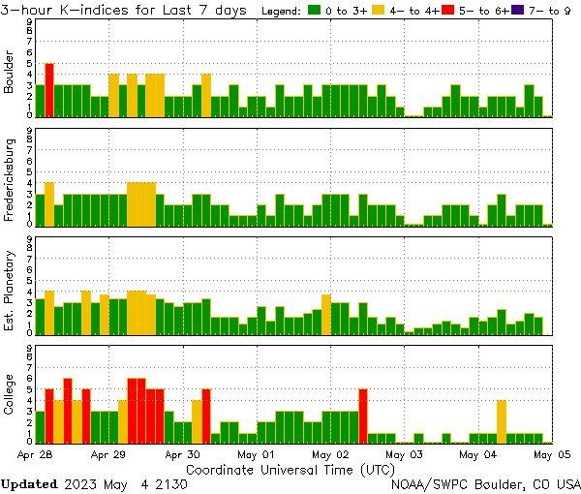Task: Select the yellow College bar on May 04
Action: (x=502, y=421)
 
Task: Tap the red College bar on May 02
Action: (x=363, y=416)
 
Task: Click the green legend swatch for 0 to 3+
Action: (x=314, y=11)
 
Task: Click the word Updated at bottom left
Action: (x=28, y=482)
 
